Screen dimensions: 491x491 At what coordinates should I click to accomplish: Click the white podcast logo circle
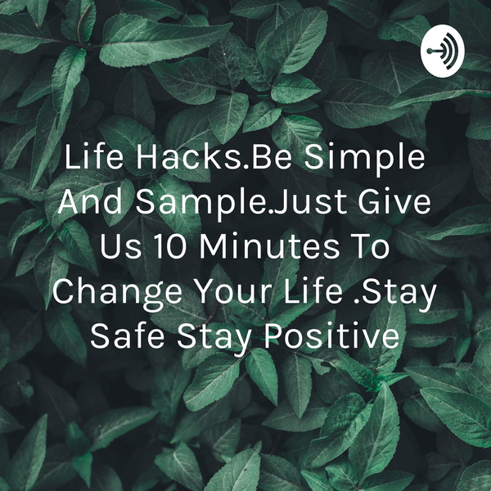pos(443,51)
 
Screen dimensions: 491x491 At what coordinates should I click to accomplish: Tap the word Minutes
pos(269,247)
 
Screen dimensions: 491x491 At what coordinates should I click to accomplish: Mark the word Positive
pos(332,336)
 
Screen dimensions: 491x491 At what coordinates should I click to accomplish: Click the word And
pos(90,202)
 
